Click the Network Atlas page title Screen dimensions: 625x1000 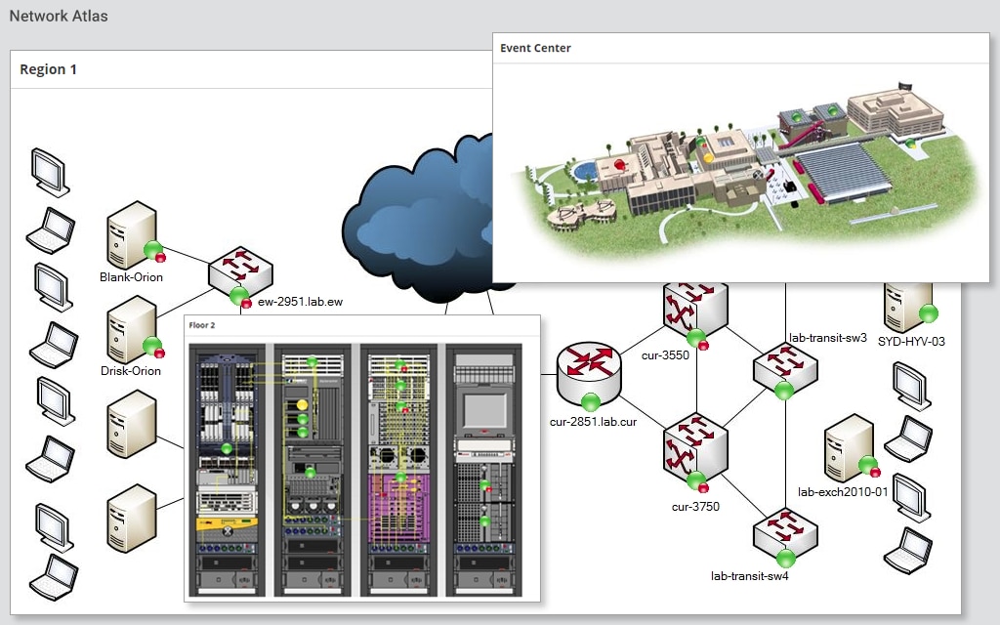pyautogui.click(x=59, y=17)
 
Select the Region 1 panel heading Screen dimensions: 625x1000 pyautogui.click(x=49, y=69)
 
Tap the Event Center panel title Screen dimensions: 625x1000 pyautogui.click(x=535, y=48)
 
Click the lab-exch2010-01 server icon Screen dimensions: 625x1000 pyautogui.click(x=848, y=447)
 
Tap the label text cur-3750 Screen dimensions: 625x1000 pyautogui.click(x=695, y=507)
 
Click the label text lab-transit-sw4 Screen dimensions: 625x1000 pyautogui.click(x=749, y=575)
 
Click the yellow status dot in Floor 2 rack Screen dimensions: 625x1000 pyautogui.click(x=303, y=403)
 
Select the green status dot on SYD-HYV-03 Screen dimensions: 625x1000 pyautogui.click(x=928, y=313)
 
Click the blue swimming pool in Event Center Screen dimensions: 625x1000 pyautogui.click(x=584, y=170)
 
